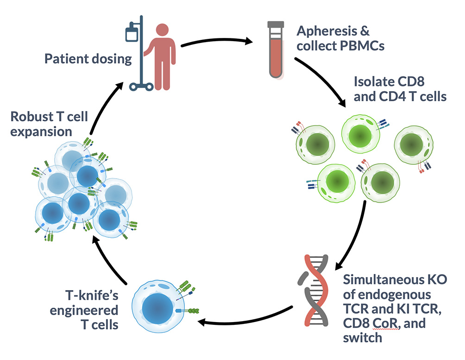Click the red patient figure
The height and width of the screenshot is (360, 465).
pyautogui.click(x=161, y=56)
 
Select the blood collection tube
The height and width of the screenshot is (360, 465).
pyautogui.click(x=276, y=50)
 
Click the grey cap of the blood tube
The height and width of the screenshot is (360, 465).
pyautogui.click(x=276, y=25)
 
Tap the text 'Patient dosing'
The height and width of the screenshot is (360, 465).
pyautogui.click(x=88, y=59)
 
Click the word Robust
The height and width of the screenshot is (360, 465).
pyautogui.click(x=31, y=117)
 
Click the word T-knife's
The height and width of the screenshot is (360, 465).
pyautogui.click(x=92, y=295)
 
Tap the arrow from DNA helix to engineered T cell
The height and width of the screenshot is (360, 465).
pyautogui.click(x=245, y=318)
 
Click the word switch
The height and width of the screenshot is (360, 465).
pyautogui.click(x=362, y=337)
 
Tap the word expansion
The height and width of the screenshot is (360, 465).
pyautogui.click(x=41, y=131)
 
